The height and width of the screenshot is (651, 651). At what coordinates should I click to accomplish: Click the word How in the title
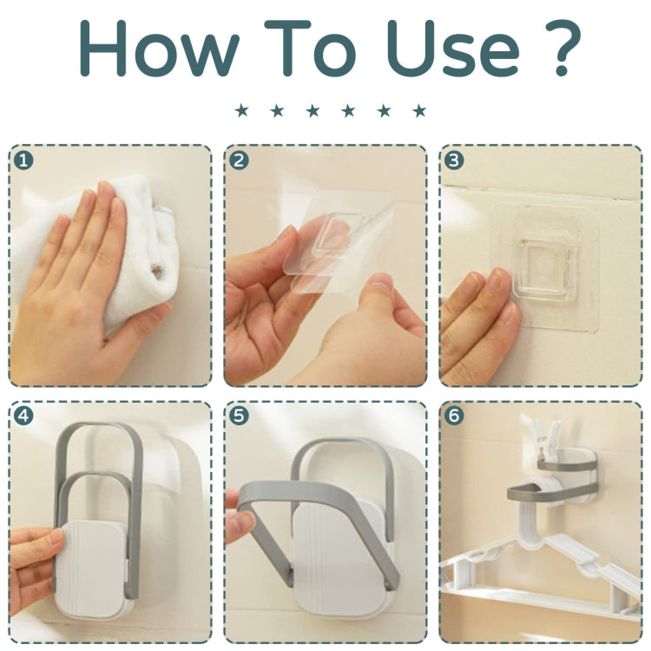(x=159, y=48)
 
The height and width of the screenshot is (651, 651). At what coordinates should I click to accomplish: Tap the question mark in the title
(x=562, y=48)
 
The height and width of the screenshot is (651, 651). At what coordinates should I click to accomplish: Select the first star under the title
(x=241, y=111)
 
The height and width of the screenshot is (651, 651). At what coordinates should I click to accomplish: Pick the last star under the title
(x=420, y=111)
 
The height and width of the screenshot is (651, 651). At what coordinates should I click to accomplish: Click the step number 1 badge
(x=23, y=161)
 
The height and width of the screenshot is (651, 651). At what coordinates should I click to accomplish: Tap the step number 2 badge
(x=239, y=161)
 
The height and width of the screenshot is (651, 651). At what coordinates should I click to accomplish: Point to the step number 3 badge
(x=454, y=161)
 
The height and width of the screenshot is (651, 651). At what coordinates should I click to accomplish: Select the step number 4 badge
(x=23, y=416)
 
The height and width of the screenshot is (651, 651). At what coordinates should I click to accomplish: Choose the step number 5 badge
(x=239, y=416)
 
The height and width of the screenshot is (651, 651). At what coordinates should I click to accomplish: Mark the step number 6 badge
(x=454, y=416)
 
